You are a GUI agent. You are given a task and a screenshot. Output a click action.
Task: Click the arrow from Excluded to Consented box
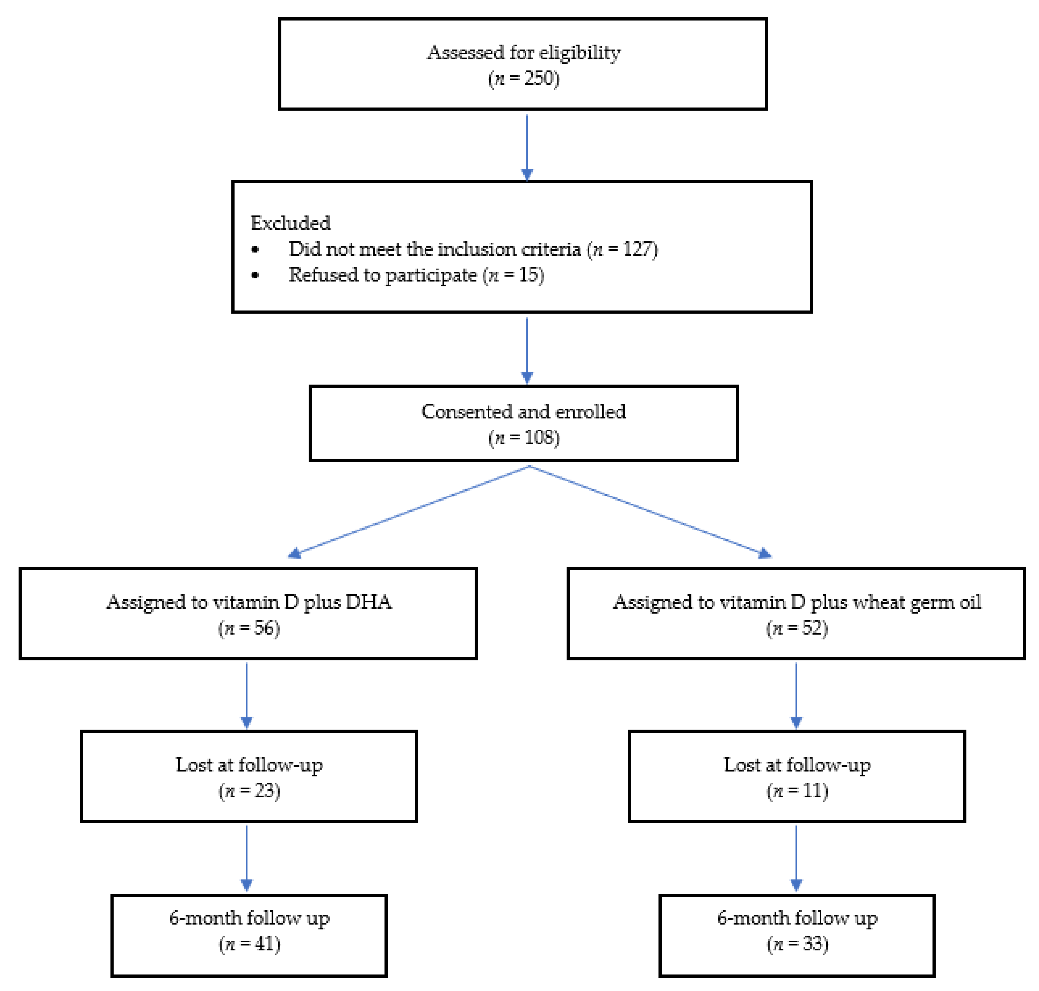pyautogui.click(x=527, y=349)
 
